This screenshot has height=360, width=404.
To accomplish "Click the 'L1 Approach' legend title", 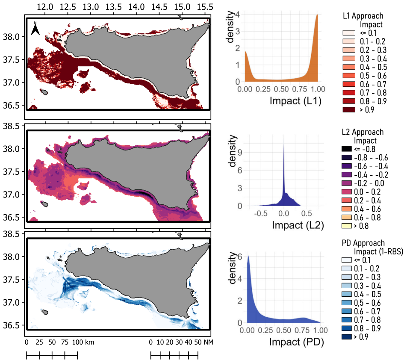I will (x=363, y=16).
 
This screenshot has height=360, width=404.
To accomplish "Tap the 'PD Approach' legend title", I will (x=363, y=243).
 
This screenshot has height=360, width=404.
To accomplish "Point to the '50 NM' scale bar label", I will (x=203, y=342).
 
